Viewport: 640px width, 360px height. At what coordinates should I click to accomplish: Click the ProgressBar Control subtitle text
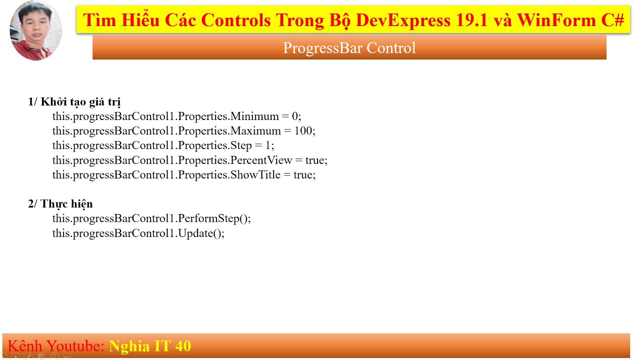click(x=349, y=48)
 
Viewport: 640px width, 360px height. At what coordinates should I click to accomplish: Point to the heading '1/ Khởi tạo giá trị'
click(x=74, y=102)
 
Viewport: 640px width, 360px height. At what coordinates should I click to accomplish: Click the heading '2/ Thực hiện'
click(x=60, y=204)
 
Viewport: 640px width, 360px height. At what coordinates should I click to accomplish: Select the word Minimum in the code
click(x=254, y=116)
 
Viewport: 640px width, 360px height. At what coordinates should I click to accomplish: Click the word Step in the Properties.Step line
click(x=241, y=145)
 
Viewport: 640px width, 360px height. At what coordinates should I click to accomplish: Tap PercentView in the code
click(x=261, y=160)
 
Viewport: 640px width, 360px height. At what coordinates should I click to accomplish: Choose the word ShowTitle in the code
click(x=255, y=175)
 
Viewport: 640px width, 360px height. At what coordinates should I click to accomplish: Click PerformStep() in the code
click(x=214, y=218)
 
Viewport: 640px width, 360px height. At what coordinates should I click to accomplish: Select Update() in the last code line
click(x=201, y=233)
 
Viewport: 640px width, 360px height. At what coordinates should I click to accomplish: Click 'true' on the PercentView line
click(x=315, y=160)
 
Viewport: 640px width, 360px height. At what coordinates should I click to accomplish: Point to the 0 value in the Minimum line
click(x=295, y=116)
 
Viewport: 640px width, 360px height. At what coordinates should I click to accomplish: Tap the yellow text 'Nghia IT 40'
click(x=150, y=346)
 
